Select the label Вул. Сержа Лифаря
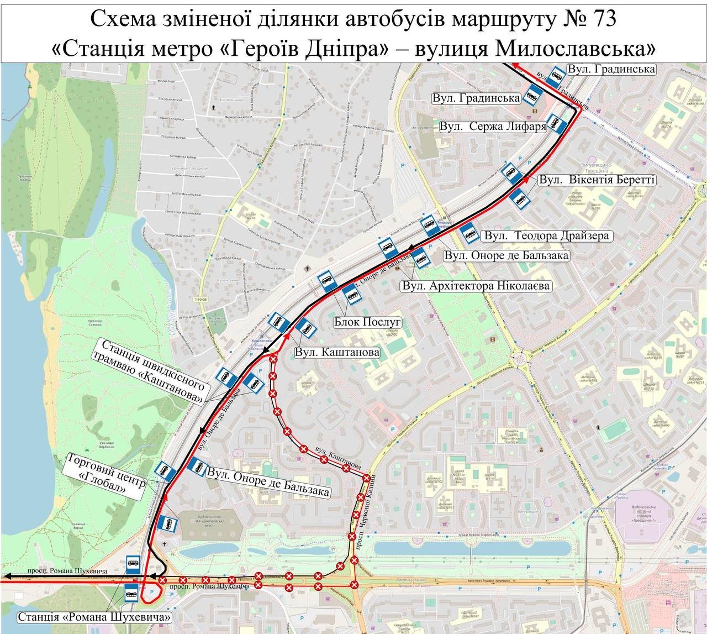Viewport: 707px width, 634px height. click(x=493, y=127)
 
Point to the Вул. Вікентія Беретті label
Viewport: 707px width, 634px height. click(x=597, y=180)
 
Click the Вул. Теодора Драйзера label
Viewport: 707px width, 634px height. click(x=547, y=235)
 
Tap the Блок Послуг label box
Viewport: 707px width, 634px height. click(x=367, y=322)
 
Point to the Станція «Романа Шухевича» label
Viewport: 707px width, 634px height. click(x=94, y=617)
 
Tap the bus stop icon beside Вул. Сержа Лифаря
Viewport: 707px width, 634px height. click(x=557, y=125)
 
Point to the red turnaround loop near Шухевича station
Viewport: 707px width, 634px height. click(x=151, y=593)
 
